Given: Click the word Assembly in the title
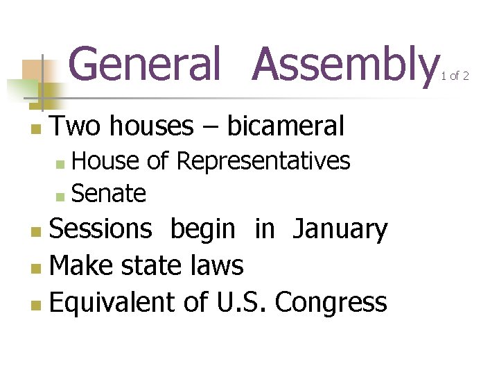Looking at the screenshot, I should click(342, 64).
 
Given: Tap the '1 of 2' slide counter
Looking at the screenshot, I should click(455, 76).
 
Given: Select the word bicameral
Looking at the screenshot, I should click(286, 126).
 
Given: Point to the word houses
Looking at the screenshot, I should click(151, 126).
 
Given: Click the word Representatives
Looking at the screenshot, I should click(263, 161).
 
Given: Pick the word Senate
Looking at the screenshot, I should click(109, 194).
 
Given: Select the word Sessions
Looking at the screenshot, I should click(101, 228).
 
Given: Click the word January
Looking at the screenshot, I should click(340, 229).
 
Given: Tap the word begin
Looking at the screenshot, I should click(203, 229).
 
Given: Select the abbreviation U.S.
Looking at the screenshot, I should click(244, 302).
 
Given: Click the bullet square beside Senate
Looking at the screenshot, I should click(60, 197).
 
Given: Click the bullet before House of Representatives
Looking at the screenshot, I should click(60, 164).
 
